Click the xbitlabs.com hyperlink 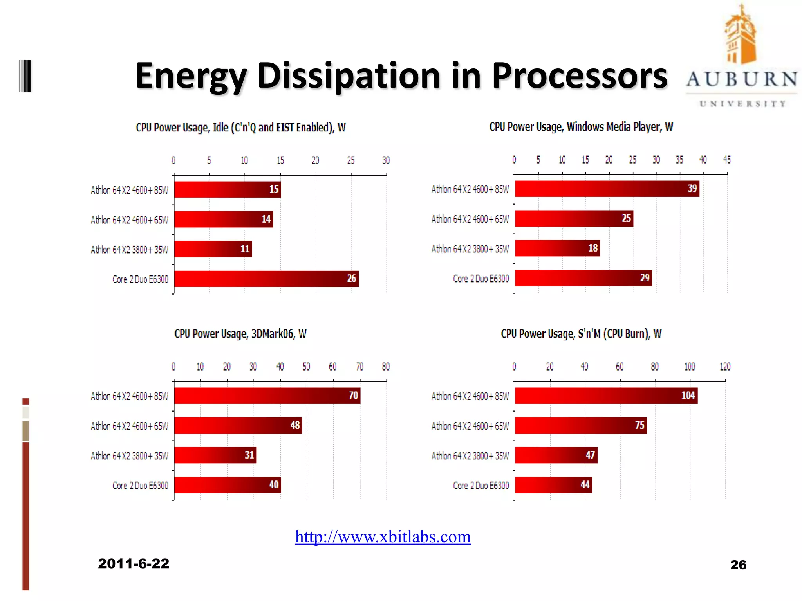(383, 537)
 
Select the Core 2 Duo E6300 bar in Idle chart (266, 279)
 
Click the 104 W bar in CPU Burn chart (606, 396)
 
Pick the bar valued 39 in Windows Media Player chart (607, 189)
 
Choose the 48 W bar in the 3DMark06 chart (238, 425)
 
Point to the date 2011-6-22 (134, 564)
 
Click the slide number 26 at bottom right (738, 565)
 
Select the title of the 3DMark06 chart (240, 334)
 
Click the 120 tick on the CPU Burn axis (725, 367)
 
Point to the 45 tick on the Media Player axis (727, 160)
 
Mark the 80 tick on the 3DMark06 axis (386, 367)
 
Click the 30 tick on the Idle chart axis (386, 160)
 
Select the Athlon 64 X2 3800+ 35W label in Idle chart (129, 250)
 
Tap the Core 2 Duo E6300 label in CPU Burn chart (481, 486)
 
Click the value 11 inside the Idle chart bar (245, 249)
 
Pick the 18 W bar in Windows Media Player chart (557, 248)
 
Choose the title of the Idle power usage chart (240, 128)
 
